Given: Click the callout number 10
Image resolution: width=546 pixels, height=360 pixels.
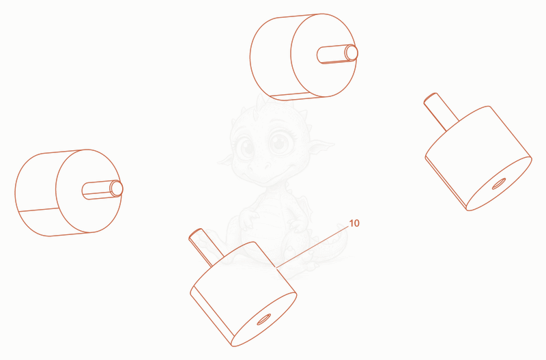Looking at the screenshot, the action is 354,223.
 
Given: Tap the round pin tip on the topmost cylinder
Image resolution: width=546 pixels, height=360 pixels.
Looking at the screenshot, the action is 351,53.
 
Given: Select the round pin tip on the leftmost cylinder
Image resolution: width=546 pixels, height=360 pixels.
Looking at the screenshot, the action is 116,189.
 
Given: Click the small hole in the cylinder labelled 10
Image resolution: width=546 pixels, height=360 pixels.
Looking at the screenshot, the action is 264,319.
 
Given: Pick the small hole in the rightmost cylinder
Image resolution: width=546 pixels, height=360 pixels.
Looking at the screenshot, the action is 499,184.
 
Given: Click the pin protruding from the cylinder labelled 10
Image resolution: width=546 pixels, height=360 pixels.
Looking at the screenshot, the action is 206,247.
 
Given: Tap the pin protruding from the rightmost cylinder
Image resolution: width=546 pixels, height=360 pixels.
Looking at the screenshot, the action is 441,111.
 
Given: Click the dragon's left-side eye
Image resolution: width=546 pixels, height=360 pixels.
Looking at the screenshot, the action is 246,147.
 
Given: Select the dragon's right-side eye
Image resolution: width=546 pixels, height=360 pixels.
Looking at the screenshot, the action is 280,142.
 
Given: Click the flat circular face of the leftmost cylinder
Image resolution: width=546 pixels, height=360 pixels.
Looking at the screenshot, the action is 89,191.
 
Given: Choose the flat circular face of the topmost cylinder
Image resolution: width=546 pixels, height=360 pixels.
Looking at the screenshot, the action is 324,55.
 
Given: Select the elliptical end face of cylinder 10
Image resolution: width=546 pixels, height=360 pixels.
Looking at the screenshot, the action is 264,319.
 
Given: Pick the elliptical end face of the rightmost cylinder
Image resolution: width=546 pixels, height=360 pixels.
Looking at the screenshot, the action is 499,184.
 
